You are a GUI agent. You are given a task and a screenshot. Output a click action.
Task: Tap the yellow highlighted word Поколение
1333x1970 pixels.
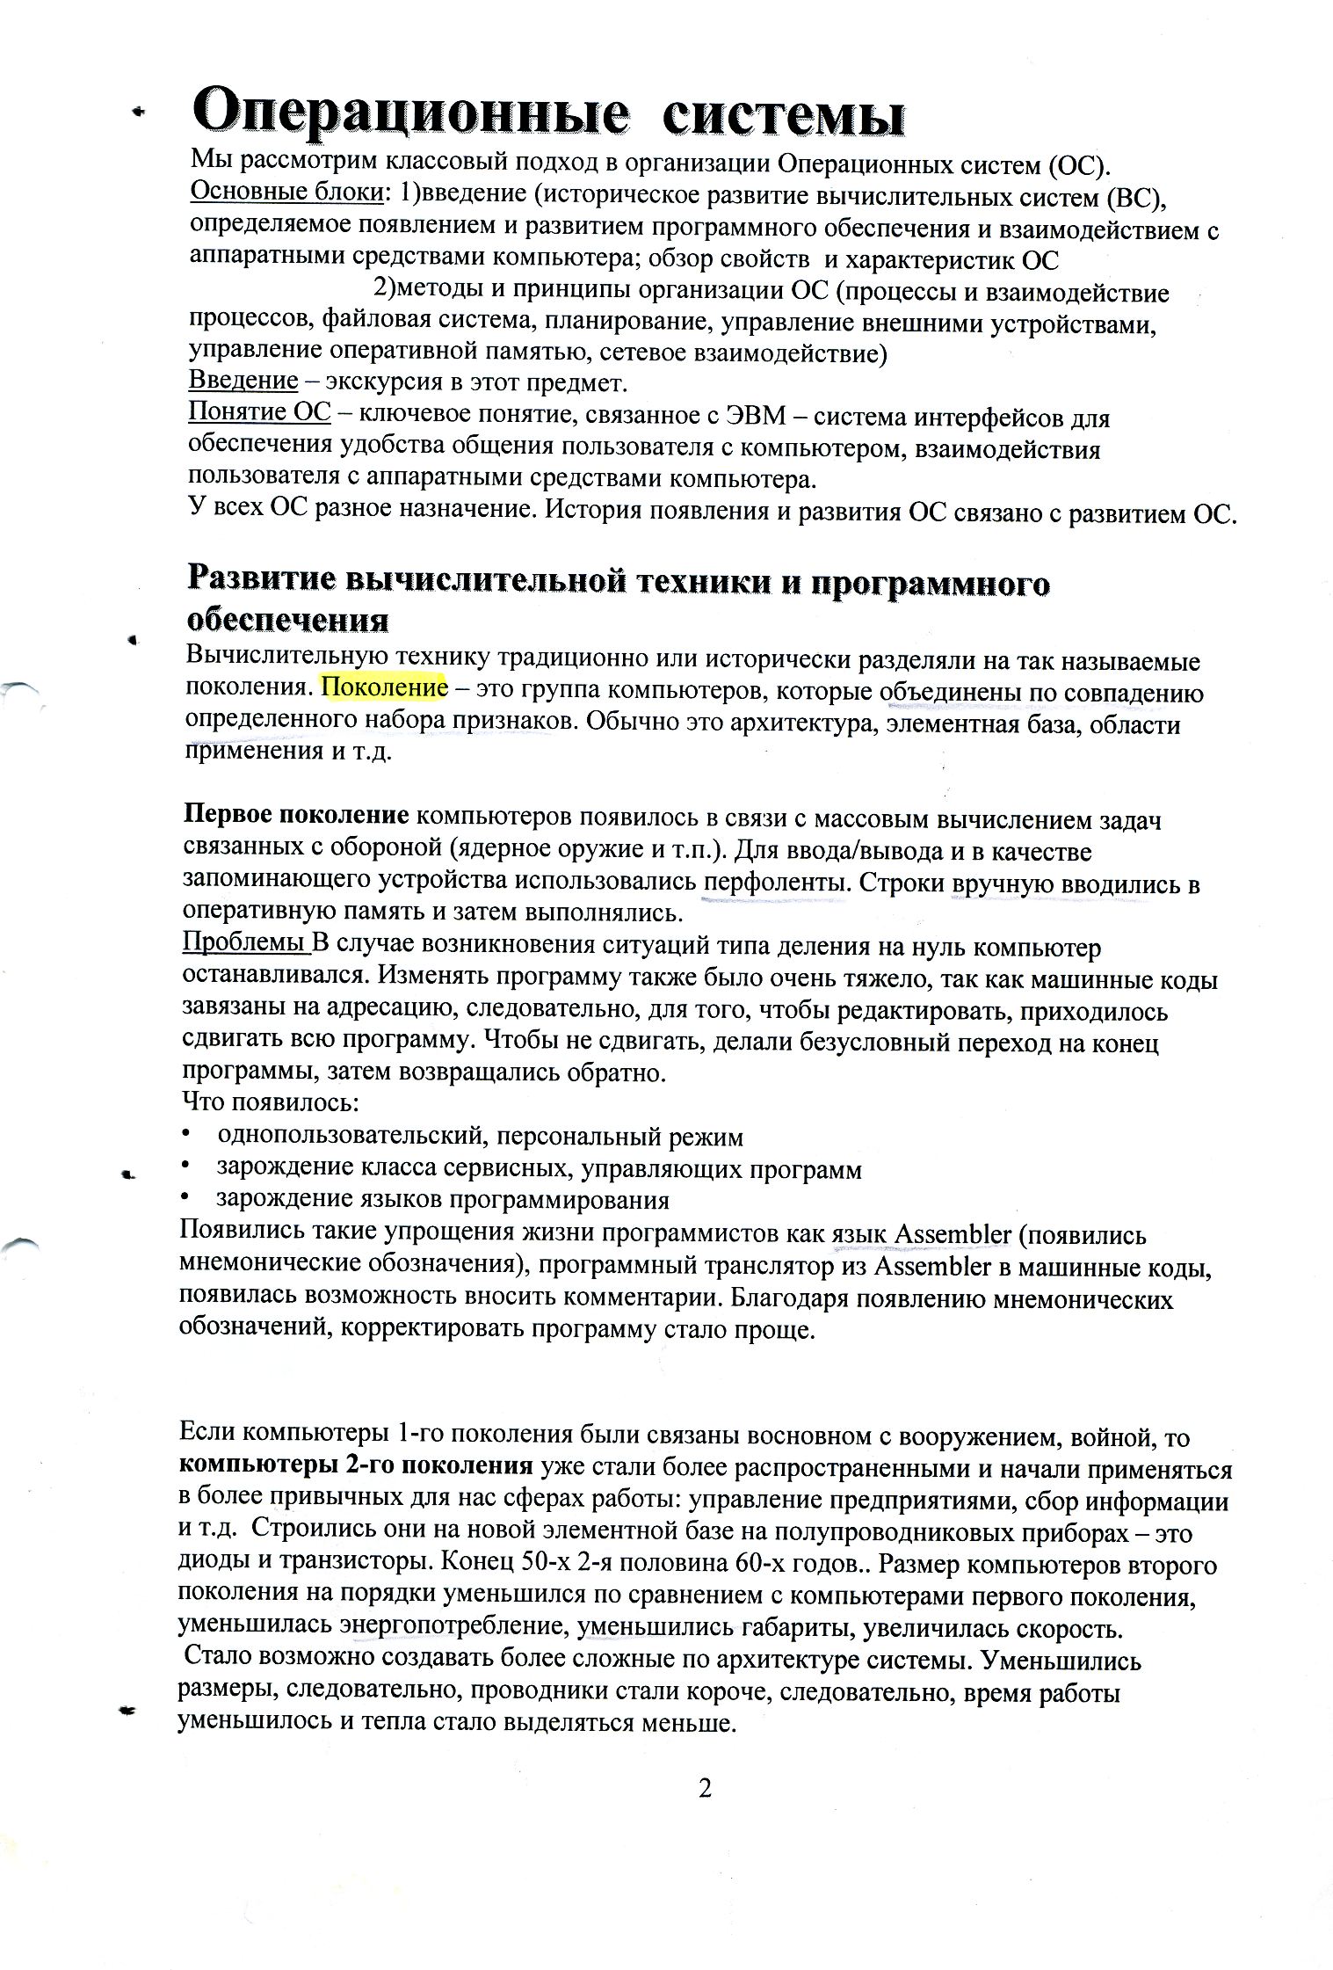(385, 687)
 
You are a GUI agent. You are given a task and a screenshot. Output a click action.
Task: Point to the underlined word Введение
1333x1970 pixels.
(243, 382)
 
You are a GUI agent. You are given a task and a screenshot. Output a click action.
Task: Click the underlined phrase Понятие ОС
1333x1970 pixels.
(260, 413)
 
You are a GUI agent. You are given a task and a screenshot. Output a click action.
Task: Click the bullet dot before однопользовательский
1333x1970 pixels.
(186, 1135)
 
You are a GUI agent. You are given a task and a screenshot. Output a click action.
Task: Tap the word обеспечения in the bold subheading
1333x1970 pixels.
(287, 621)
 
